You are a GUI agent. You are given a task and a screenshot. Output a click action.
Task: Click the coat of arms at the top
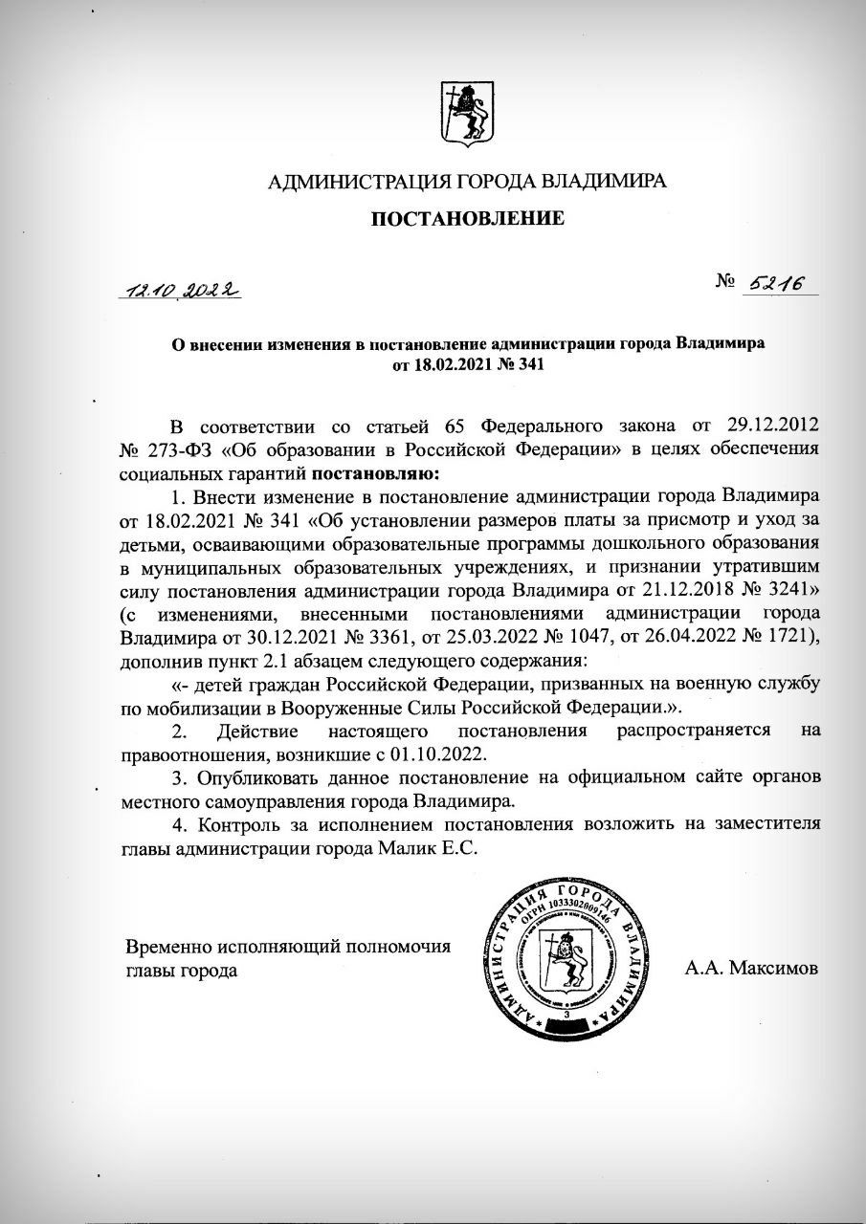(468, 110)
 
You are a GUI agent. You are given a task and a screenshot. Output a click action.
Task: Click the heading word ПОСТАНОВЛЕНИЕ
(468, 219)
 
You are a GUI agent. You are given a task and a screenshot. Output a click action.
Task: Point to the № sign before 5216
(726, 282)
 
